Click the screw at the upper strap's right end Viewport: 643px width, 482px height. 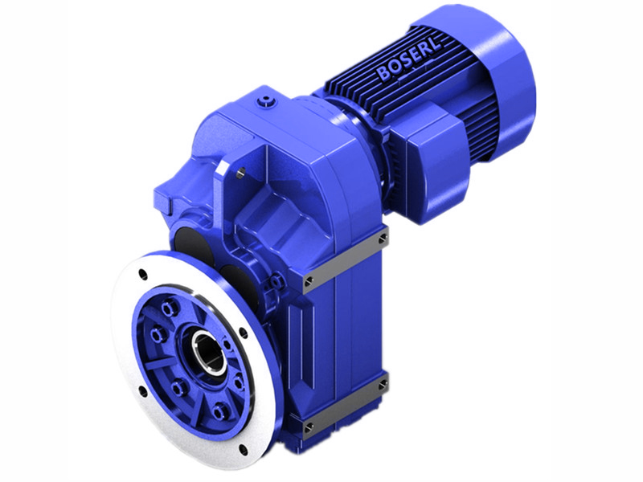tap(383, 239)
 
